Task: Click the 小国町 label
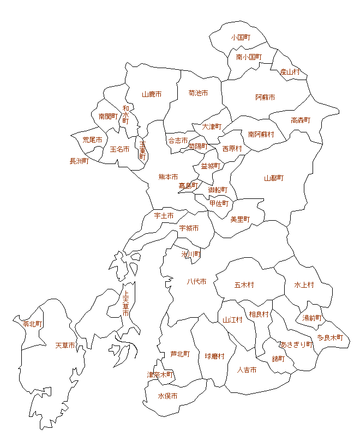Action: coord(240,38)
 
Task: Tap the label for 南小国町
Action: coord(249,57)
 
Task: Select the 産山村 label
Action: coord(290,71)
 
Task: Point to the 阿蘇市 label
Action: coord(265,97)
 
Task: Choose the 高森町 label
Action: coord(301,120)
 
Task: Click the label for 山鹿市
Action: coord(152,94)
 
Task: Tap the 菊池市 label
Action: coord(198,93)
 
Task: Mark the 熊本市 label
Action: coord(168,177)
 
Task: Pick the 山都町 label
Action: coord(274,178)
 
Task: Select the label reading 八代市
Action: coord(196,281)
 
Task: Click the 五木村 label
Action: coord(244,284)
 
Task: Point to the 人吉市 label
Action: coord(247,370)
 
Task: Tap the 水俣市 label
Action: coord(167,396)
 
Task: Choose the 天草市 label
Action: coord(65,345)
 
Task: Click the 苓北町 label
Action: coord(33,323)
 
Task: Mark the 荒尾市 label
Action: coord(92,140)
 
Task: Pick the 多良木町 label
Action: coord(331,337)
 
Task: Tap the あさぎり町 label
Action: coord(297,344)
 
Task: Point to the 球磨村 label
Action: coord(215,356)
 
